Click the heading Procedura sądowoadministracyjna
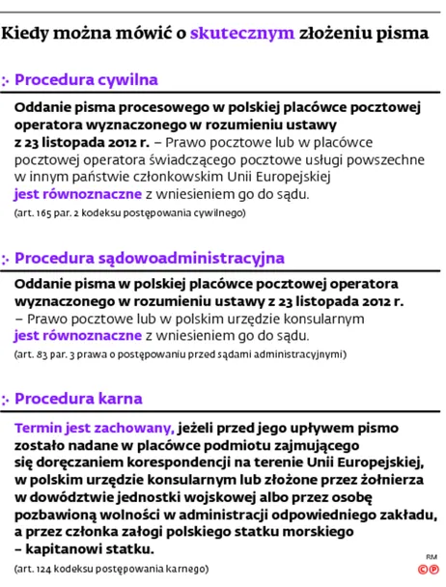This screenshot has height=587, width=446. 149,258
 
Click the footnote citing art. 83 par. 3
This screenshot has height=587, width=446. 179,354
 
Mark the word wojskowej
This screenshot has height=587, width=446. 210,496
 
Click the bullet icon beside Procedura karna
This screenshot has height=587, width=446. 7,399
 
